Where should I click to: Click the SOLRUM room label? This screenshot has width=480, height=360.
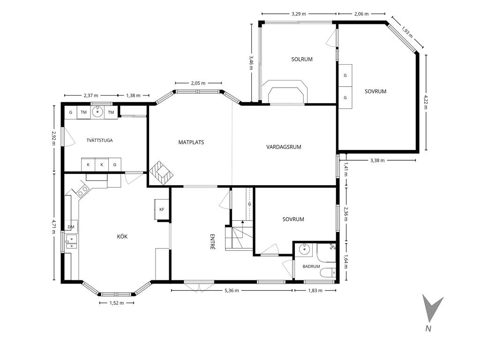click(x=302, y=60)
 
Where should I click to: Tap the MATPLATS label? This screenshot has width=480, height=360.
click(x=191, y=142)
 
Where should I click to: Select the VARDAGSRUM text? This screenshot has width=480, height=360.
click(x=284, y=147)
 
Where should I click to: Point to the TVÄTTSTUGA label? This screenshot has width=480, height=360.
click(x=99, y=141)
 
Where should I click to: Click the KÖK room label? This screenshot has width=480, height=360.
click(x=122, y=236)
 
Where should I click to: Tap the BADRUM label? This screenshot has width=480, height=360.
click(x=311, y=267)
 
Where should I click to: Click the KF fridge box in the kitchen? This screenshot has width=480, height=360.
click(x=162, y=210)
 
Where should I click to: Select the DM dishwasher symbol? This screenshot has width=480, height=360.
click(x=71, y=227)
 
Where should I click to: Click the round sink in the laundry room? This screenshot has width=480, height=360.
click(x=97, y=112)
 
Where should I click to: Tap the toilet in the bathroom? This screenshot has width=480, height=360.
click(x=328, y=272)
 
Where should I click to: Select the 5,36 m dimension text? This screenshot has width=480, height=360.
click(x=232, y=291)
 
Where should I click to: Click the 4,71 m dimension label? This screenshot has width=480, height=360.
click(x=54, y=226)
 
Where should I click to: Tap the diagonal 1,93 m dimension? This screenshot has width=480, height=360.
click(x=407, y=32)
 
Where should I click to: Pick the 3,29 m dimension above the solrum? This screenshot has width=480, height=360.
click(x=299, y=14)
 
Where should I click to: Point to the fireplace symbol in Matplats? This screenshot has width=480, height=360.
click(x=161, y=173)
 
